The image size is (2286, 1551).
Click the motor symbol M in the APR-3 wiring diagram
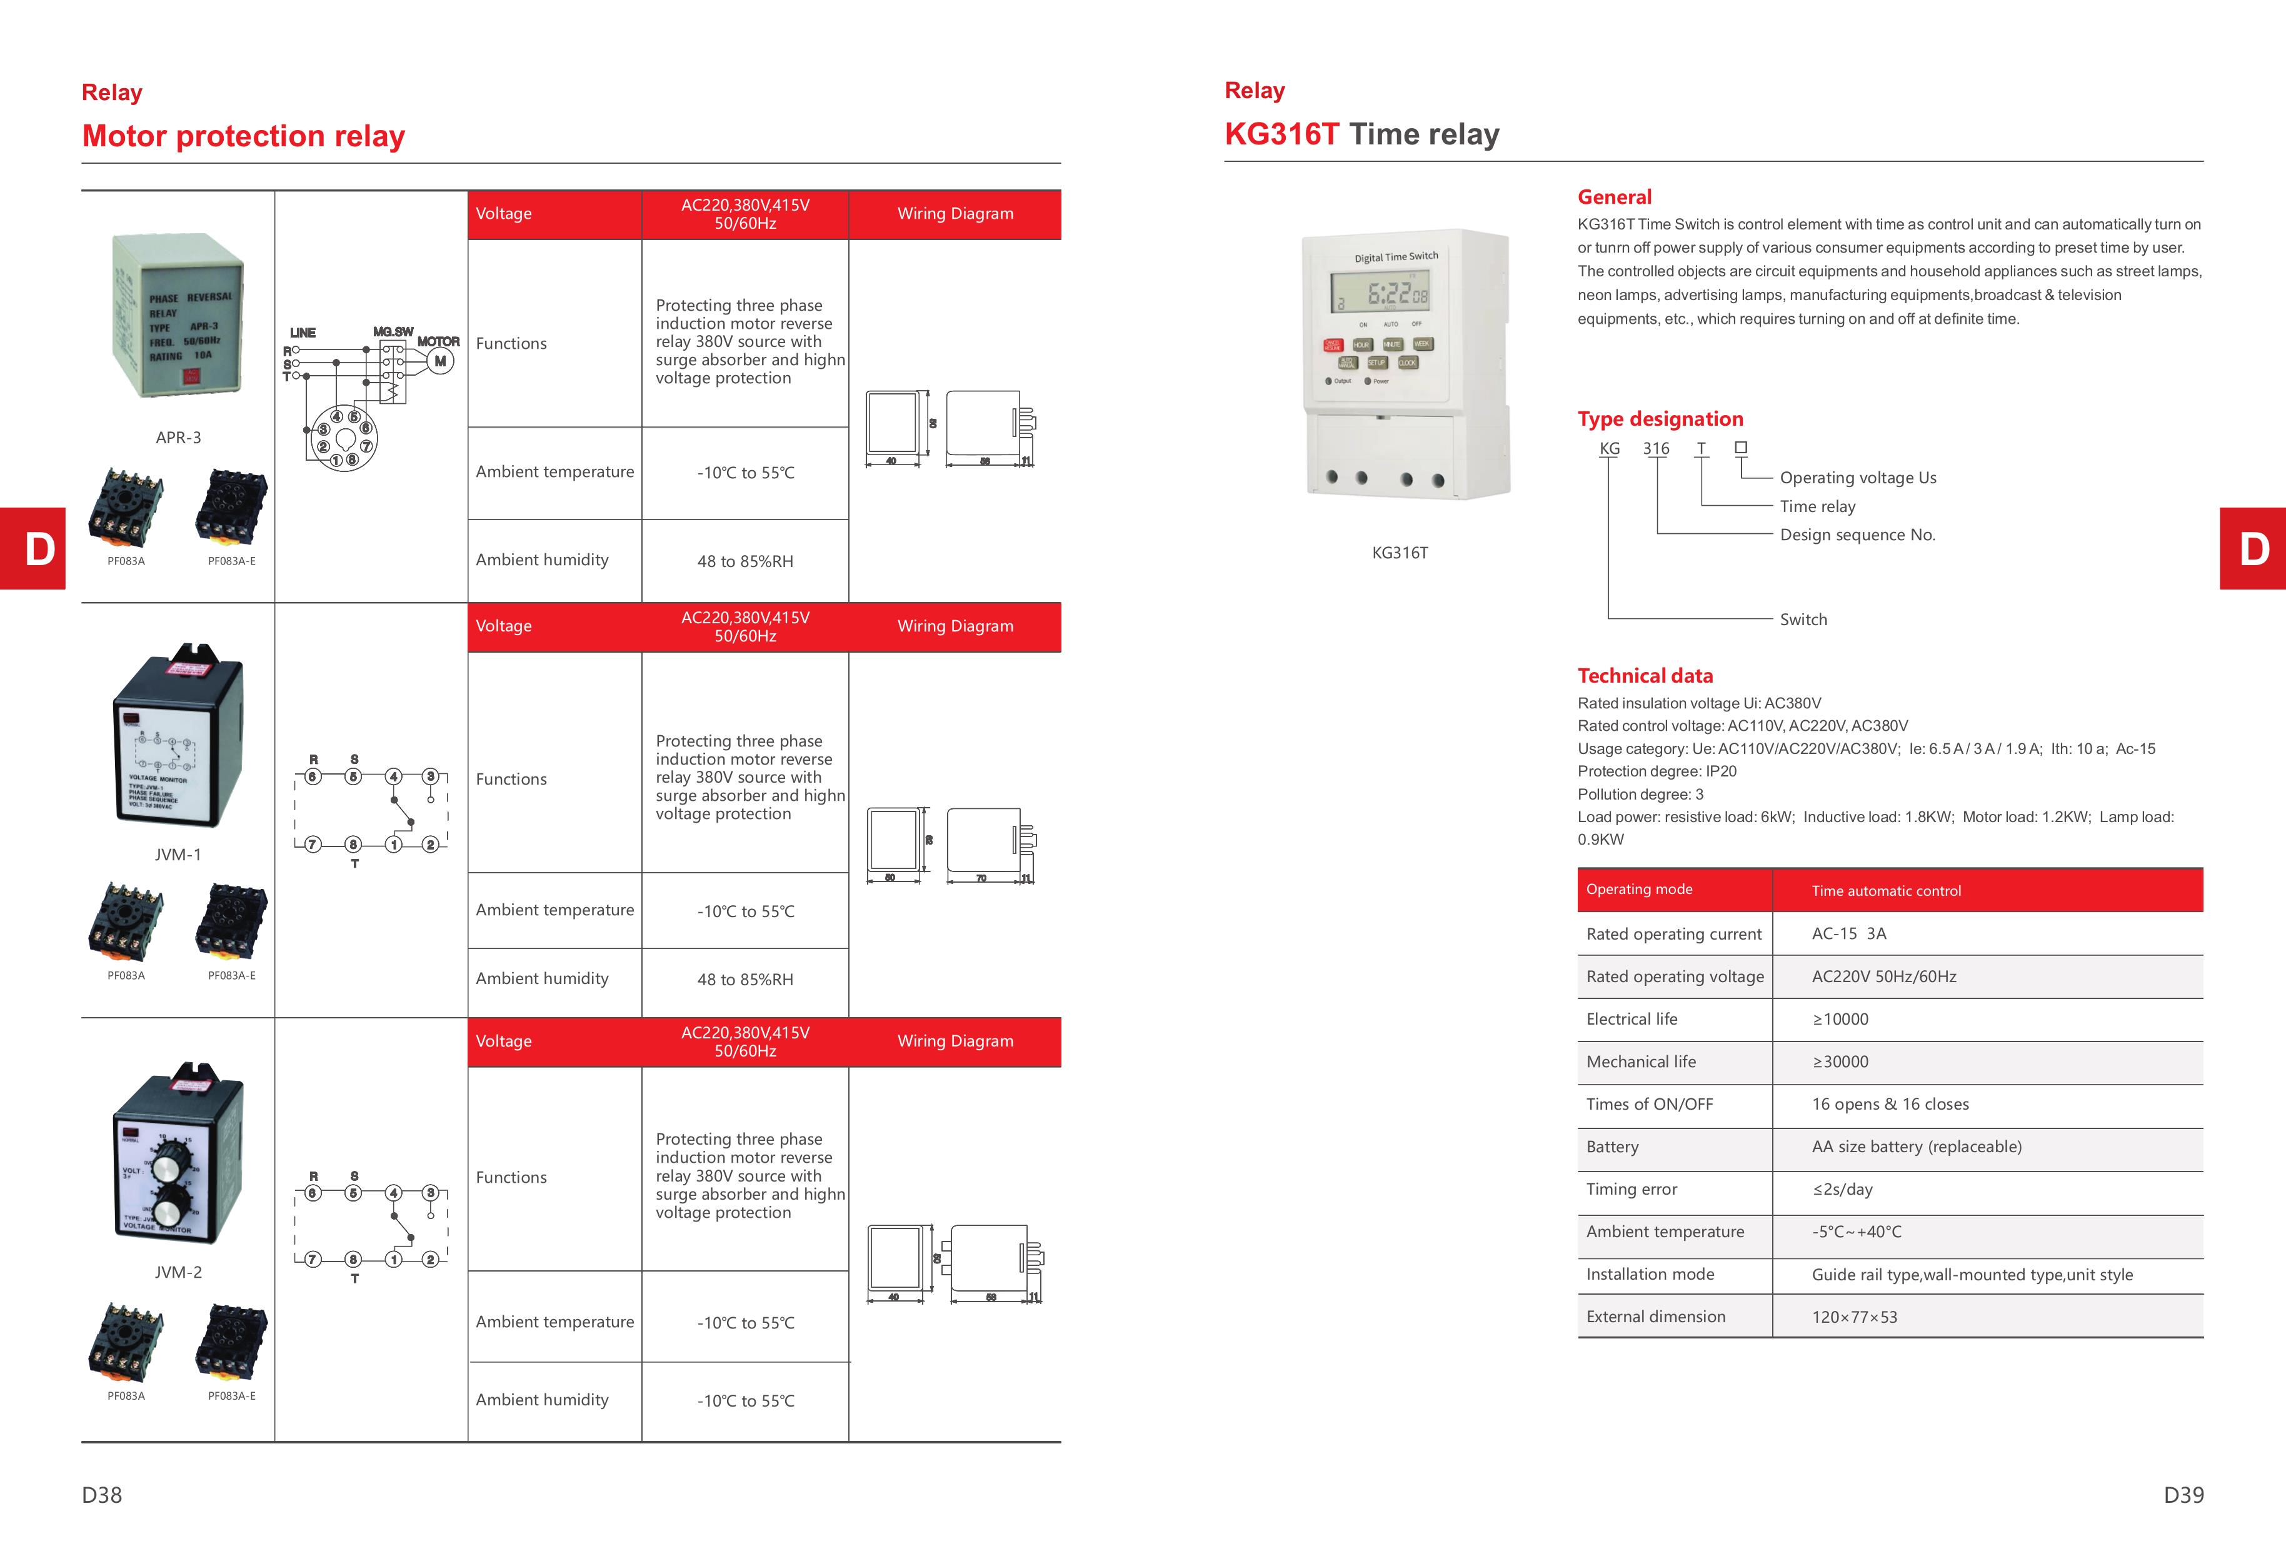click(439, 361)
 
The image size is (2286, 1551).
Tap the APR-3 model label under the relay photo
click(178, 438)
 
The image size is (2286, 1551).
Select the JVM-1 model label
click(178, 855)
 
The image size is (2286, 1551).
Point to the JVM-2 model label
click(178, 1272)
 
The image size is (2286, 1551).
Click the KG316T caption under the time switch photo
click(1400, 553)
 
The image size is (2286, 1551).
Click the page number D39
click(2183, 1495)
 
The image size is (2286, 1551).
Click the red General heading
click(1614, 197)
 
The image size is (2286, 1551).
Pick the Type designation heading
click(1660, 419)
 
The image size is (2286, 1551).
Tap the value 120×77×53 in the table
click(1854, 1317)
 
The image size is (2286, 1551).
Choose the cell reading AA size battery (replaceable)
click(1916, 1147)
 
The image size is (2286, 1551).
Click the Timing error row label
click(1631, 1189)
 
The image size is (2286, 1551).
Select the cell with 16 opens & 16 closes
click(1890, 1105)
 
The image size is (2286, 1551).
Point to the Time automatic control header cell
click(1886, 891)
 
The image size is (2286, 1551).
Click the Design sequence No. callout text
click(1857, 535)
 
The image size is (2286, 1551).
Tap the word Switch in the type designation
click(1803, 620)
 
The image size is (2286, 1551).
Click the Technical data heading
click(1645, 676)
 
